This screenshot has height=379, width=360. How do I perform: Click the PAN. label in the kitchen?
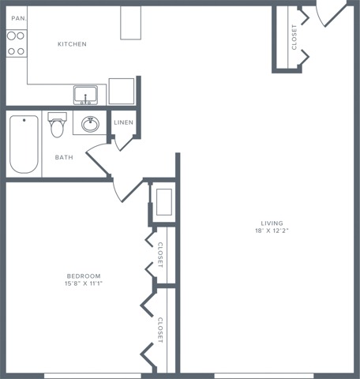click(19, 17)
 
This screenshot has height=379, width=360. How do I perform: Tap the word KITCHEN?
click(72, 44)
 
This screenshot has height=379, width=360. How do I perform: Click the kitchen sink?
click(86, 96)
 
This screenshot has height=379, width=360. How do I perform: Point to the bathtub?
click(24, 144)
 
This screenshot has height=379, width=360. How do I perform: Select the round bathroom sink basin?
click(90, 125)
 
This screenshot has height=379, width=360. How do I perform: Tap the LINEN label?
click(124, 122)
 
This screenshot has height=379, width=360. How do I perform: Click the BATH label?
click(64, 157)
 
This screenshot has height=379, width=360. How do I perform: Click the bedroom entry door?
click(126, 189)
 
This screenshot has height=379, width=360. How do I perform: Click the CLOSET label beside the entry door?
click(294, 36)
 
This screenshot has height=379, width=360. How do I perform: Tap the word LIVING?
click(272, 223)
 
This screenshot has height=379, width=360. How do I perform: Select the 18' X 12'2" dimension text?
click(272, 231)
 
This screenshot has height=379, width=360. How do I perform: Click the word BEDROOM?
click(83, 276)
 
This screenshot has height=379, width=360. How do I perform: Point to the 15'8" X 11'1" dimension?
click(83, 285)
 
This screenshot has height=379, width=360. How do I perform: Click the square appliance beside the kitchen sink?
click(122, 91)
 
